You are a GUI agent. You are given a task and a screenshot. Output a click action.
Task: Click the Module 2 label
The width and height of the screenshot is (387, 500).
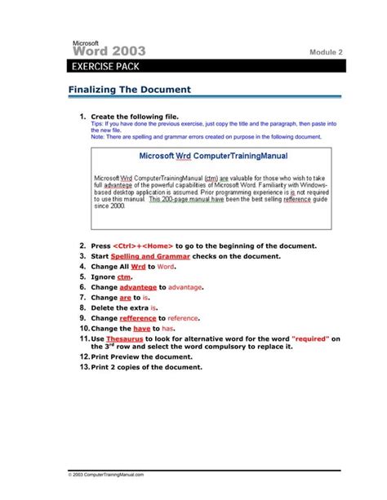pos(326,52)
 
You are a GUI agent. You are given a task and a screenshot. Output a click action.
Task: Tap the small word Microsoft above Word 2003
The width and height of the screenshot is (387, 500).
pos(86,41)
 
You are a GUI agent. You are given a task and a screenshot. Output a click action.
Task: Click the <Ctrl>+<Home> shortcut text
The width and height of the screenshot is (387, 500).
pos(142,246)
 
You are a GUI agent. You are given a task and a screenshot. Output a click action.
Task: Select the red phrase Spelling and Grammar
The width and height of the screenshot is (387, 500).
pos(150,256)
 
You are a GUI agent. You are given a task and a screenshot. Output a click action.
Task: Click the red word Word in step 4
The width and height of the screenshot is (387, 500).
pos(167,267)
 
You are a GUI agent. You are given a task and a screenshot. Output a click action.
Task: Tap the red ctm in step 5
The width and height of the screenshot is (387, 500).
pos(124,277)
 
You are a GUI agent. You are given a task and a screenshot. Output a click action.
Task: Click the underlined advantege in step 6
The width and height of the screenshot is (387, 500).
pos(138,288)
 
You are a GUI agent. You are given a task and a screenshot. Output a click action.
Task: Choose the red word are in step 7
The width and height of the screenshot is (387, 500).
pos(125,299)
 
